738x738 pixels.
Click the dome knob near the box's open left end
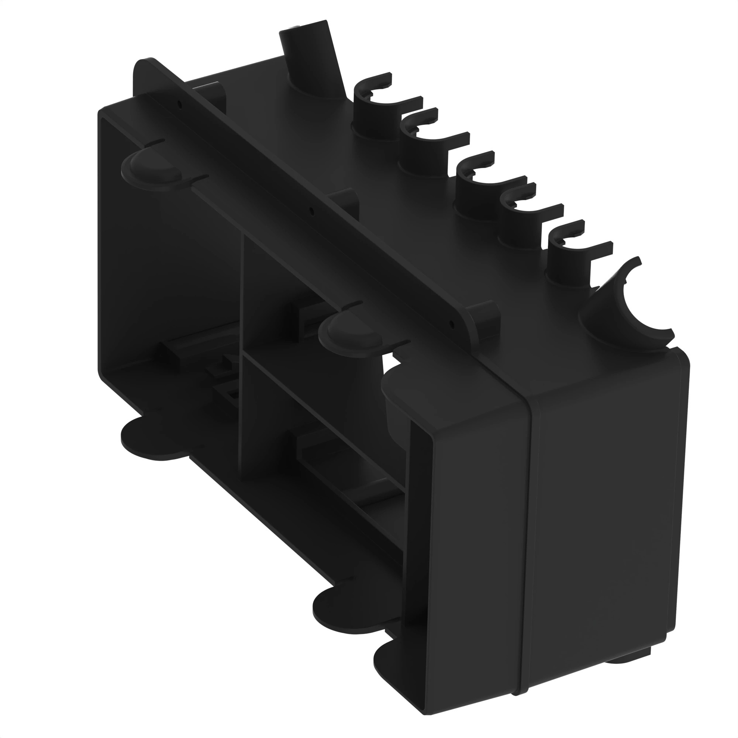coord(151,168)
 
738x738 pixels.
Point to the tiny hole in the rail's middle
coord(312,210)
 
